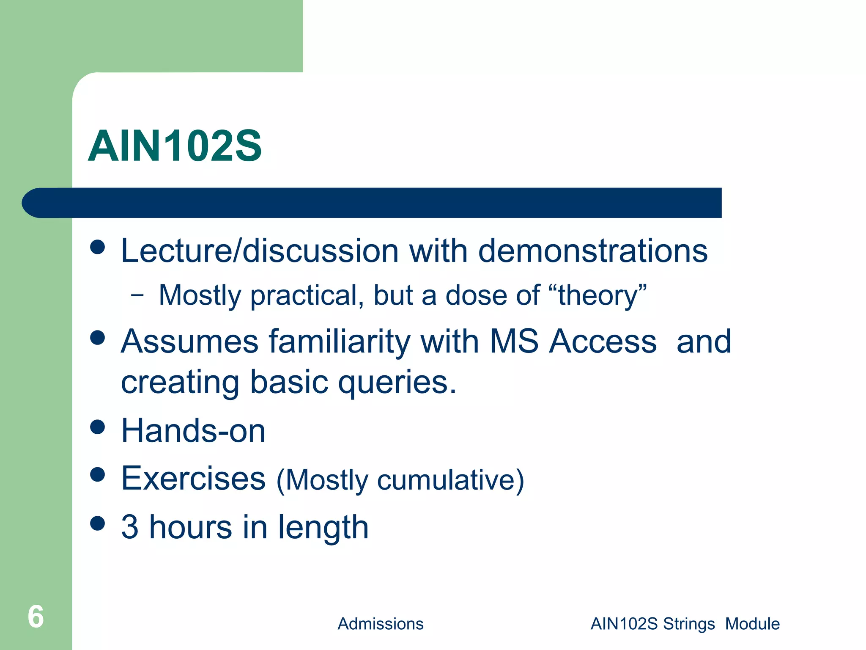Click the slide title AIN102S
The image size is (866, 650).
pyautogui.click(x=175, y=146)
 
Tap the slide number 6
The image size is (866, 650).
pyautogui.click(x=36, y=617)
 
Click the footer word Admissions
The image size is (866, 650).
pyautogui.click(x=380, y=624)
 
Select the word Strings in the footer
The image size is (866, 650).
pyautogui.click(x=688, y=624)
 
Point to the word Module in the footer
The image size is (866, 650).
pyautogui.click(x=752, y=624)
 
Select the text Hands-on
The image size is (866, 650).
pyautogui.click(x=193, y=431)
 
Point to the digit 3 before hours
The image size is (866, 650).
pyautogui.click(x=130, y=527)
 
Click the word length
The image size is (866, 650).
pyautogui.click(x=323, y=528)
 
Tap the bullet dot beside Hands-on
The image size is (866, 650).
pyautogui.click(x=98, y=427)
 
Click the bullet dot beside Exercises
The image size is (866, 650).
pyautogui.click(x=98, y=474)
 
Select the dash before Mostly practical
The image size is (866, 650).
pyautogui.click(x=137, y=295)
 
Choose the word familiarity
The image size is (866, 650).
pyautogui.click(x=339, y=342)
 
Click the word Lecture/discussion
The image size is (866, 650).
pyautogui.click(x=260, y=251)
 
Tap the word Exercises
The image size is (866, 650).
pyautogui.click(x=193, y=478)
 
